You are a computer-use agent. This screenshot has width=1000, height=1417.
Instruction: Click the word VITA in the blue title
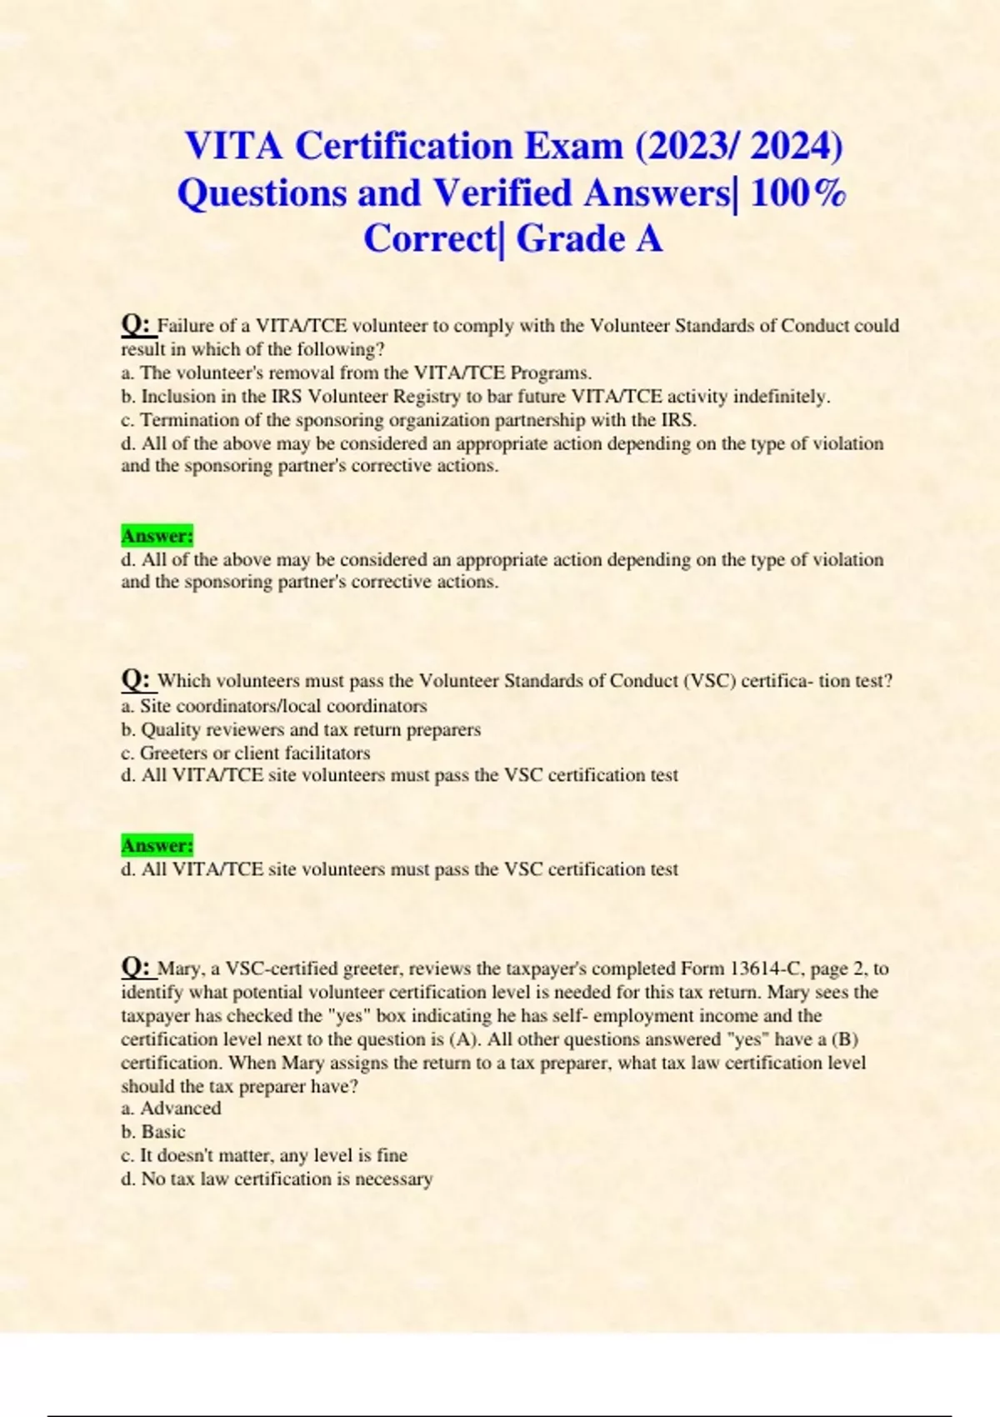[x=234, y=147]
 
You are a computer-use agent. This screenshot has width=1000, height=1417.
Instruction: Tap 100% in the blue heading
[x=798, y=193]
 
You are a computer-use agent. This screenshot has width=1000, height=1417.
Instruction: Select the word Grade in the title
[x=570, y=239]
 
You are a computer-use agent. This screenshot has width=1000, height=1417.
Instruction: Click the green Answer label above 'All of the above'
[x=157, y=535]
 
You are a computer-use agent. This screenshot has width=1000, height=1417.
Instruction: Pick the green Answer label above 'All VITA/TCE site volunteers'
[x=157, y=845]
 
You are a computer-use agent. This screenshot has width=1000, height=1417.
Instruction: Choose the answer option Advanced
[x=181, y=1109]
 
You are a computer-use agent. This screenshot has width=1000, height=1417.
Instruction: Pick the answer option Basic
[x=163, y=1132]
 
